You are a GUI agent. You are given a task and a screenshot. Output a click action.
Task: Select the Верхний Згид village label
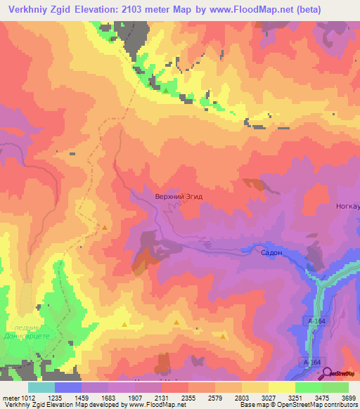coord(178,197)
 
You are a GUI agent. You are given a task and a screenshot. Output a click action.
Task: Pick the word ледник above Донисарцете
coord(24,327)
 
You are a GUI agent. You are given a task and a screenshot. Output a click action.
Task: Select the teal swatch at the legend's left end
coord(41,387)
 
